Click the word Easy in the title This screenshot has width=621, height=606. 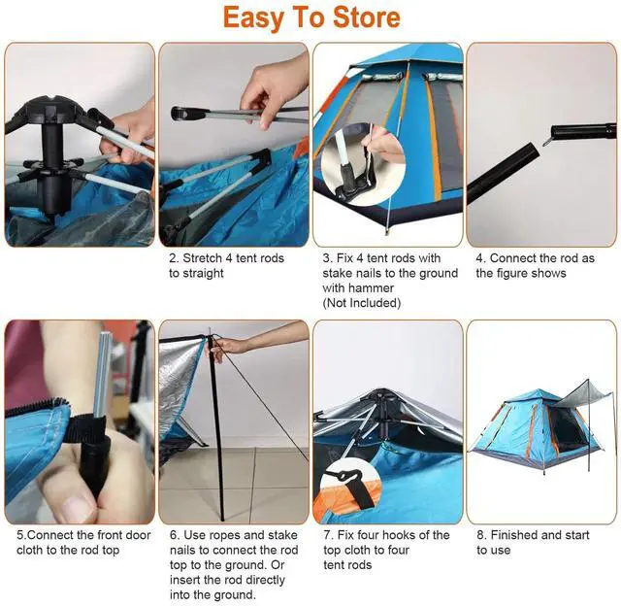255,17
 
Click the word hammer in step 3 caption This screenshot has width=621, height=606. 346,287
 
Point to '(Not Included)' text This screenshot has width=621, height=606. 362,302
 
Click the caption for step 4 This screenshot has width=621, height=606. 535,265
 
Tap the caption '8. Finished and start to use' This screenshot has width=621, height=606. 534,542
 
